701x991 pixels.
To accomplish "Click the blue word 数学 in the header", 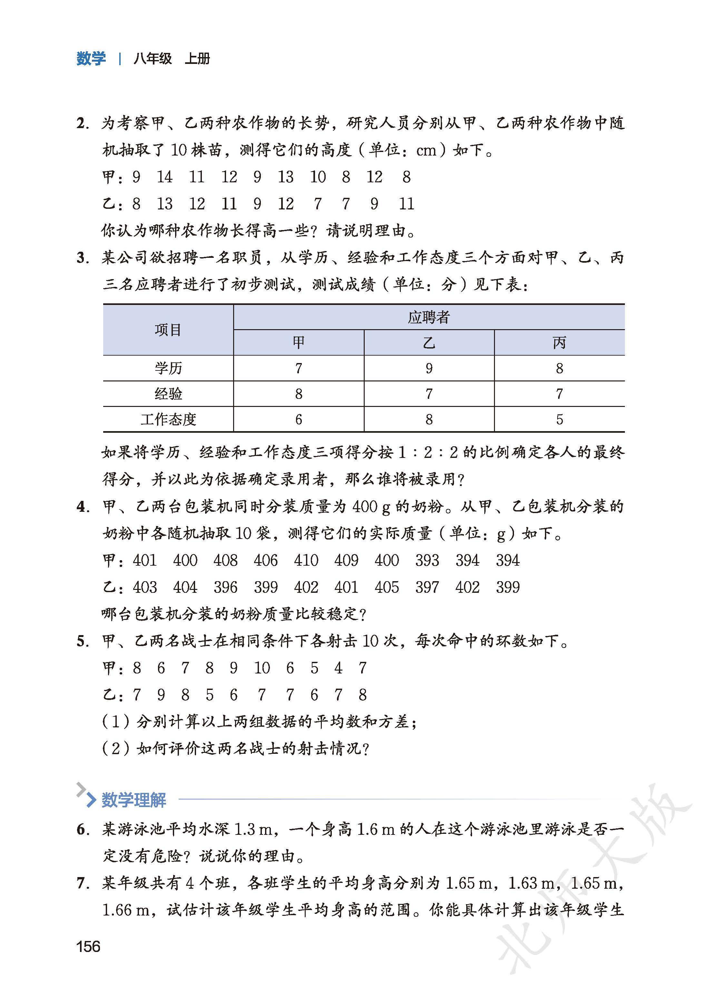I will click(x=91, y=58).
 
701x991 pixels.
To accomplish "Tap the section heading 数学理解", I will click(x=134, y=800).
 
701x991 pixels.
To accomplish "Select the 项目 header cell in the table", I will click(x=168, y=330).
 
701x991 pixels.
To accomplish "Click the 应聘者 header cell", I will click(x=429, y=318).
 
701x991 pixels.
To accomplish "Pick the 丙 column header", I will click(x=559, y=343).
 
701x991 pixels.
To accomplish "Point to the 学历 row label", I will click(x=168, y=369).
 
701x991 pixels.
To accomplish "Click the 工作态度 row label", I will click(x=168, y=420).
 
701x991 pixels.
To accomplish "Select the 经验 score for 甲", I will click(x=299, y=394).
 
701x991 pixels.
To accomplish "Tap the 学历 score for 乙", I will click(x=429, y=369).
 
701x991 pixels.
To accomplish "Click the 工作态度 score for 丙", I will click(x=559, y=420).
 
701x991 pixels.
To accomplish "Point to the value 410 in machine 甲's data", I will click(x=306, y=560).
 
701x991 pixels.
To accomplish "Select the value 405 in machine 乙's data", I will click(x=387, y=587).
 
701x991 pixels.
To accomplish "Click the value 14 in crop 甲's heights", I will click(x=164, y=177).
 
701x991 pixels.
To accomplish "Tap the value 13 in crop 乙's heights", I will click(x=164, y=204).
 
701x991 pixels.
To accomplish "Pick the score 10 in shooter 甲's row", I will click(x=262, y=668).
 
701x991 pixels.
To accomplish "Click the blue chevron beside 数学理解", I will click(x=89, y=800).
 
